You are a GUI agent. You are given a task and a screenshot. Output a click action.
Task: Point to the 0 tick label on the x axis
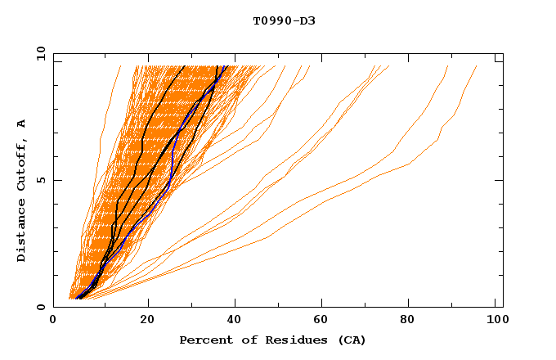point(53,322)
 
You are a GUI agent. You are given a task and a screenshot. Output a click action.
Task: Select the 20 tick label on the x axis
point(147,322)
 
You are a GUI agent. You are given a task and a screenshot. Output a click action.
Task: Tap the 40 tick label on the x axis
point(235,322)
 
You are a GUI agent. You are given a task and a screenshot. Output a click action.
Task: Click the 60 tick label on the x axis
point(325,322)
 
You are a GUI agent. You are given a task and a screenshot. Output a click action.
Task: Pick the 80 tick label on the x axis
point(413,322)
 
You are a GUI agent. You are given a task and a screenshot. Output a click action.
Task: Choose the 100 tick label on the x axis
point(495,322)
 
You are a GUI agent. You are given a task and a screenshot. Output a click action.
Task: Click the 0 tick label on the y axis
point(39,308)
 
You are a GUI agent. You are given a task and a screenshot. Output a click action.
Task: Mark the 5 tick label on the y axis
point(39,180)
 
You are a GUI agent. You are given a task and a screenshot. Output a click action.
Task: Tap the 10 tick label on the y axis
point(38,53)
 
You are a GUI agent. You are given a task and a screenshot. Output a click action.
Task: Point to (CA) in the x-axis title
point(352,340)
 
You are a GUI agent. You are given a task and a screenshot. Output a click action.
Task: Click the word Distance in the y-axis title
point(22,232)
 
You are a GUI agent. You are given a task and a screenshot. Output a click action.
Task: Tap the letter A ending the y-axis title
point(22,123)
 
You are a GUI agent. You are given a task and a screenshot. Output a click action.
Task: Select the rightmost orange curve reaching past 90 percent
point(442,144)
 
